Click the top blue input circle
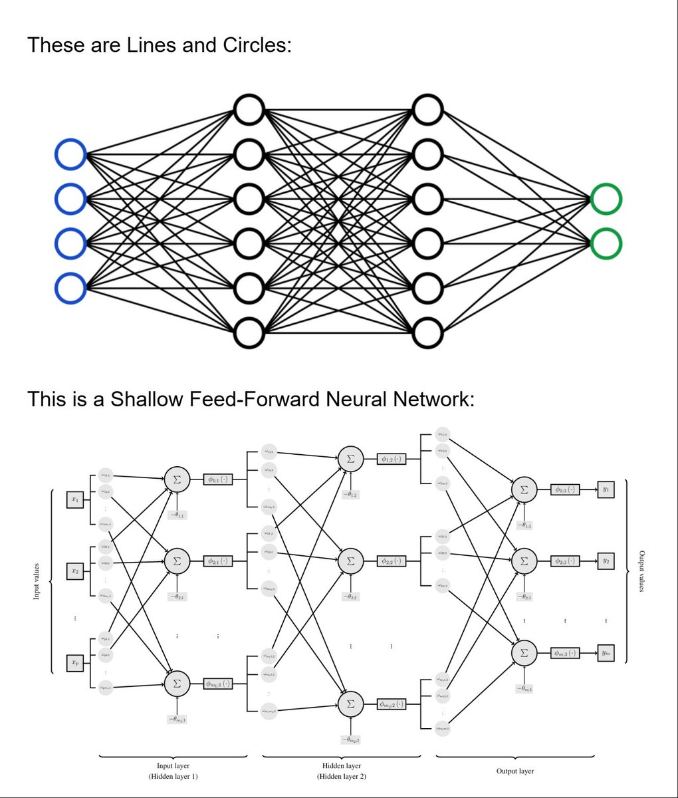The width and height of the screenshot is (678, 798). click(x=70, y=155)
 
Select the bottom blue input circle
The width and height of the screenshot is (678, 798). click(x=70, y=289)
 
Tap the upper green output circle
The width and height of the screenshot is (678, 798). click(x=606, y=199)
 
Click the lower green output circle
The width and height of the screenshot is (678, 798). click(x=606, y=243)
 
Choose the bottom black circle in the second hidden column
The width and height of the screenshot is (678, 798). click(x=427, y=333)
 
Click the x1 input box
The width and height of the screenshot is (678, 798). click(x=75, y=499)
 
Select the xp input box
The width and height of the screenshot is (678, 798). click(x=75, y=663)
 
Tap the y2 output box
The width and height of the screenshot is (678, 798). click(x=606, y=561)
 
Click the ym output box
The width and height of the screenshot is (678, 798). click(x=606, y=654)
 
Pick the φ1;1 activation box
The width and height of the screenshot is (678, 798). click(x=218, y=478)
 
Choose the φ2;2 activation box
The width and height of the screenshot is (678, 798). click(x=392, y=561)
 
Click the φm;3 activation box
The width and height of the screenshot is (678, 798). click(x=566, y=654)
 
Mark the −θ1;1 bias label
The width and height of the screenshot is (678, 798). click(x=177, y=515)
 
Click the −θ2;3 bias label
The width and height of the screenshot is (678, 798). click(x=524, y=597)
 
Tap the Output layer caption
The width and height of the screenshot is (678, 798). click(x=514, y=771)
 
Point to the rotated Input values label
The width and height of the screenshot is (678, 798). click(x=37, y=581)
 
